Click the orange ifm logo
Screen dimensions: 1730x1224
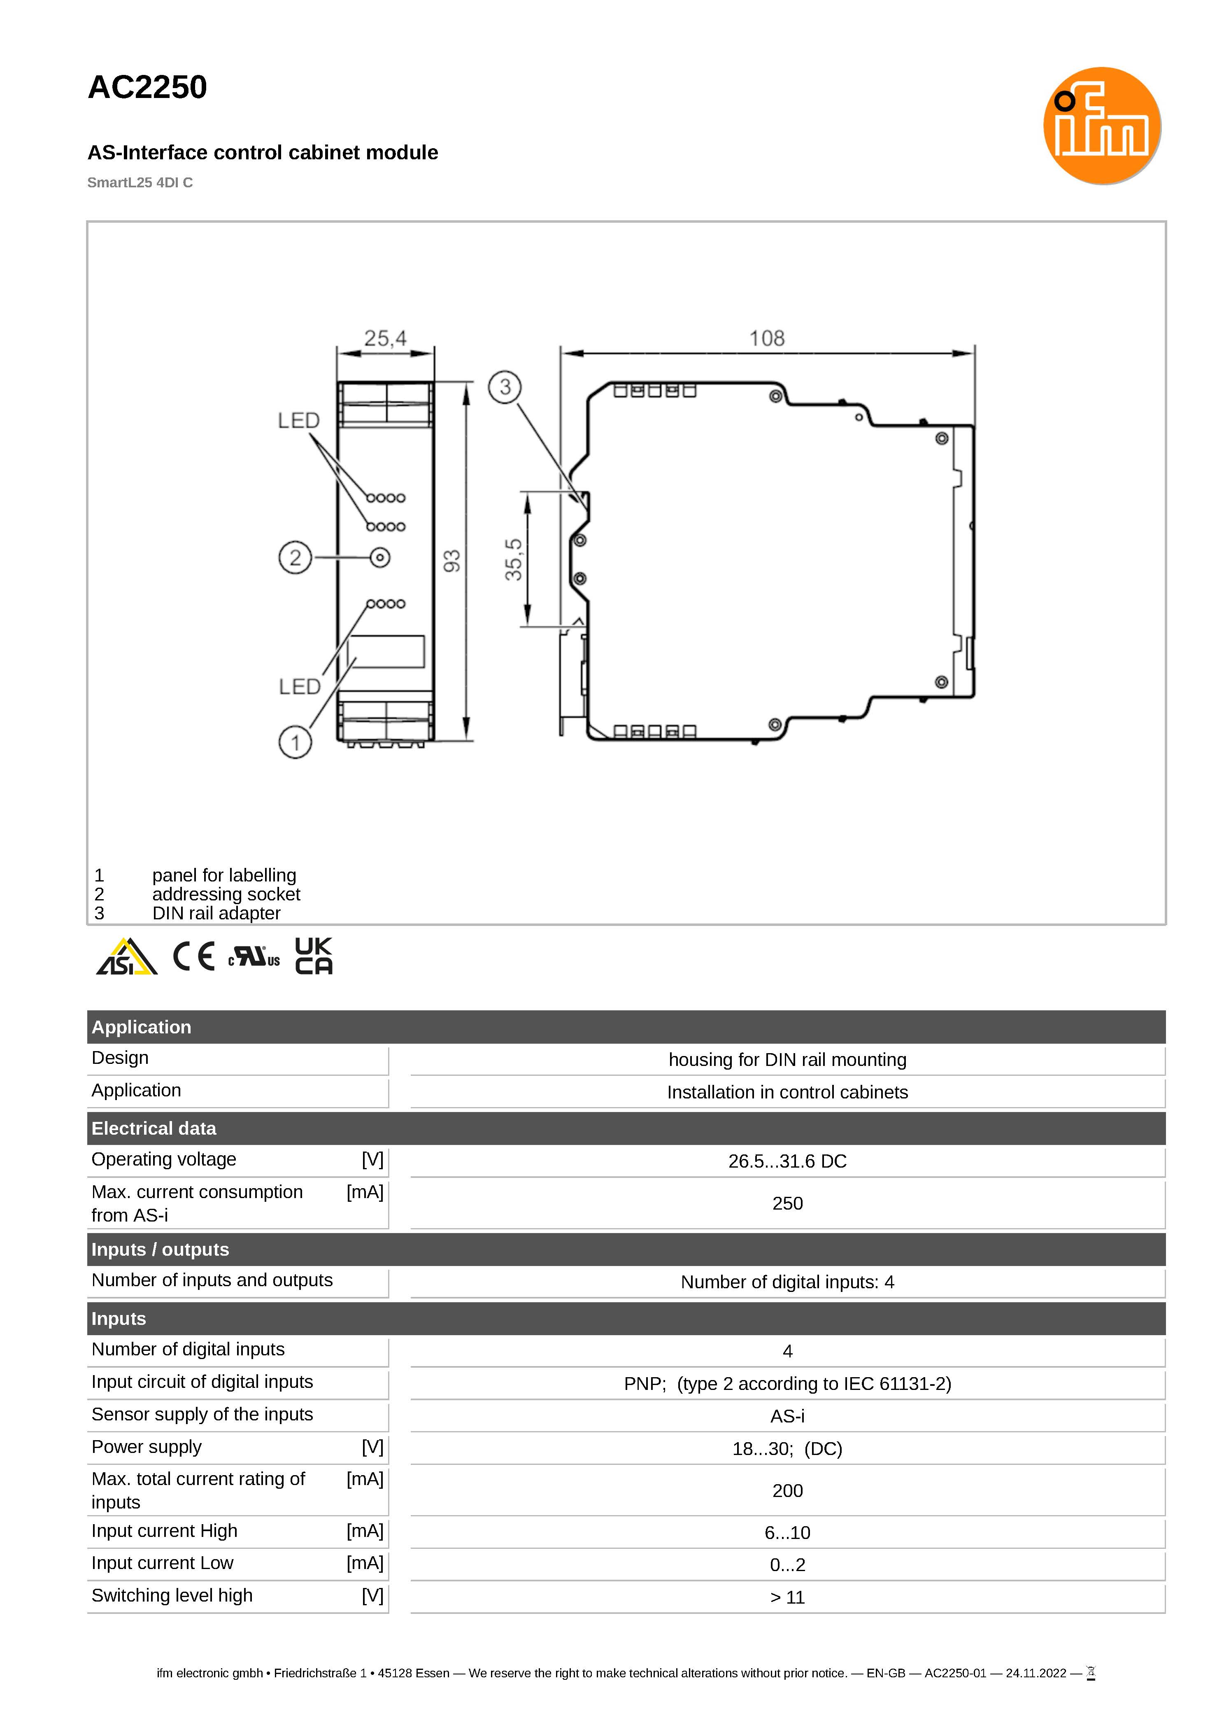(x=1101, y=126)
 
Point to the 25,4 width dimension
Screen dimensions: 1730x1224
(x=385, y=338)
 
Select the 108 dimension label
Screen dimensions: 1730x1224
(x=766, y=338)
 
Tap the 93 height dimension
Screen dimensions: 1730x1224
(x=451, y=561)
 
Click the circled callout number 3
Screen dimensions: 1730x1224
(x=505, y=387)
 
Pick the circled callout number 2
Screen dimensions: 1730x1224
(x=296, y=558)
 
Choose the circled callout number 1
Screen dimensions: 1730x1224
(x=296, y=742)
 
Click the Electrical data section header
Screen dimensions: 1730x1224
(x=154, y=1128)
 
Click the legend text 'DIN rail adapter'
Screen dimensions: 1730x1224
(x=216, y=914)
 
